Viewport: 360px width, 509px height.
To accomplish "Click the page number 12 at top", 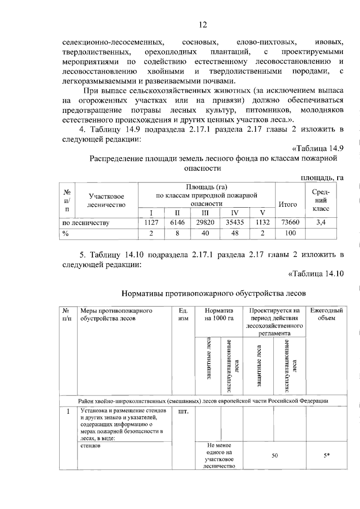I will tap(203, 25).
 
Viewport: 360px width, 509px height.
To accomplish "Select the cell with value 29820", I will tap(205, 223).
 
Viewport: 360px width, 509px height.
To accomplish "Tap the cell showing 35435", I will tap(235, 223).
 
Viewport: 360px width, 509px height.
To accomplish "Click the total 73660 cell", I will tap(290, 223).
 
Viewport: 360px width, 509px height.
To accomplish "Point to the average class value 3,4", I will tap(321, 223).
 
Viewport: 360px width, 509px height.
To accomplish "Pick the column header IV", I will tap(235, 213).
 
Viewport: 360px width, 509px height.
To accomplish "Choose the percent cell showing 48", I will tap(235, 233).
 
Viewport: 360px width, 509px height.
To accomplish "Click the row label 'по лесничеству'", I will tap(86, 223).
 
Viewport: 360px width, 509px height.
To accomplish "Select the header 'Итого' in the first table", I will tap(288, 205).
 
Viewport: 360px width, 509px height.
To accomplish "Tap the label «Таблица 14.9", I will tap(318, 148).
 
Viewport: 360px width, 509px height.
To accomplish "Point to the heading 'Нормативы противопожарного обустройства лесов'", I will tap(213, 293).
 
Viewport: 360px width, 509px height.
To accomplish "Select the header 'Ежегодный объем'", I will tap(326, 314).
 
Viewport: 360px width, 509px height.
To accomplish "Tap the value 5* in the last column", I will tap(326, 456).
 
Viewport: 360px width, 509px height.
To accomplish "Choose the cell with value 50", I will tap(274, 456).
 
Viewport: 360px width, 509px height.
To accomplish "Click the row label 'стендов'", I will tap(90, 446).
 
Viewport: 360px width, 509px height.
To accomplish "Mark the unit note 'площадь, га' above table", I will tap(322, 178).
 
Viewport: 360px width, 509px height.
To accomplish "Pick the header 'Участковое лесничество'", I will tap(106, 201).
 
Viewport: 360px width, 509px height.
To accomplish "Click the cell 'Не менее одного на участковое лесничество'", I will tap(219, 456).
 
